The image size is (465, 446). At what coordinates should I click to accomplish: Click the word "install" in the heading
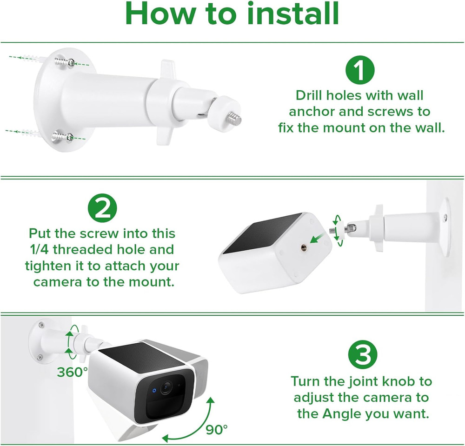click(293, 14)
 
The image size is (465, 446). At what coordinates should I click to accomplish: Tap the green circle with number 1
click(360, 70)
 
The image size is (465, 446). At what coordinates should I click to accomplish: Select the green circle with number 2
click(103, 208)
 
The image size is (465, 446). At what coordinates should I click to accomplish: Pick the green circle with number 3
click(362, 355)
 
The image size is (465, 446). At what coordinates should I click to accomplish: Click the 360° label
click(73, 372)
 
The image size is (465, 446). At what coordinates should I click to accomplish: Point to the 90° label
click(217, 430)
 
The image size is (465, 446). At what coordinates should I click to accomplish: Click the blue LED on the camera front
click(154, 390)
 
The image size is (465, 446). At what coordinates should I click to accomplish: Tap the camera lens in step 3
click(166, 388)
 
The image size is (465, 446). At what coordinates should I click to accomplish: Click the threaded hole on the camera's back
click(304, 246)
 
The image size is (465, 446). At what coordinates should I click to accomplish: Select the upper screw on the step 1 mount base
click(64, 62)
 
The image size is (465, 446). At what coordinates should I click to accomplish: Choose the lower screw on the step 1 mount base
click(63, 137)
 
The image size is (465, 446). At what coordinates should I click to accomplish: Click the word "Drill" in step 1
click(309, 95)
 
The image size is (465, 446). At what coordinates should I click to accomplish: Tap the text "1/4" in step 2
click(40, 250)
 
